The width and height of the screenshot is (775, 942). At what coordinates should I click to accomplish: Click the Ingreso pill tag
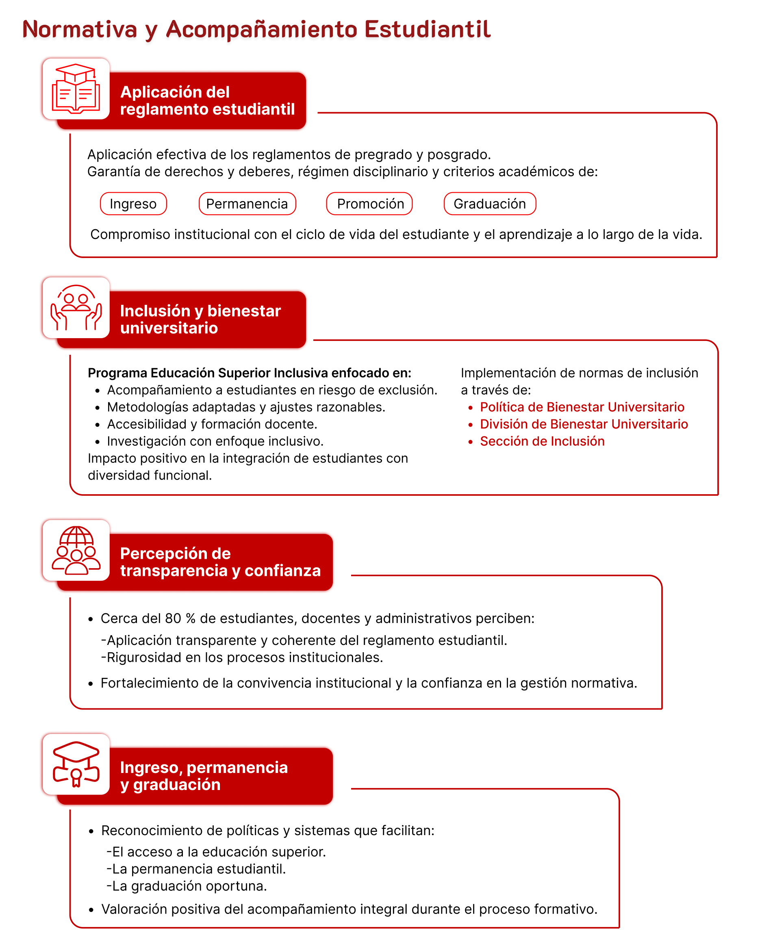[133, 204]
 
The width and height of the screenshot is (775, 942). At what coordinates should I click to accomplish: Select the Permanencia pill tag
[247, 204]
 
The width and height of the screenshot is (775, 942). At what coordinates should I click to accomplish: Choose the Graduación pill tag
[489, 204]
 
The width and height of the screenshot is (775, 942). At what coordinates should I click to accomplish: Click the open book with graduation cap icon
[76, 89]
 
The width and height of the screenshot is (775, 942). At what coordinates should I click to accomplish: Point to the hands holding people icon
[76, 308]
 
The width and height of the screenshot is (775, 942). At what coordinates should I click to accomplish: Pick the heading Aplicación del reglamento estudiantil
[207, 100]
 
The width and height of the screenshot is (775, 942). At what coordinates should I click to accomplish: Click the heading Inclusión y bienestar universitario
[200, 319]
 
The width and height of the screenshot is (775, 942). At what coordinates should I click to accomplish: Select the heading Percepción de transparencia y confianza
[220, 562]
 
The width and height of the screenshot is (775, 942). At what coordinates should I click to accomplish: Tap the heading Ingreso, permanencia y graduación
[204, 775]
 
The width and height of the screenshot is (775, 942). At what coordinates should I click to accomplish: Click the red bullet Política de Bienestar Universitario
[582, 407]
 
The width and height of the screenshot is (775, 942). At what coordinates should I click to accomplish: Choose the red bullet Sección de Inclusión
[542, 441]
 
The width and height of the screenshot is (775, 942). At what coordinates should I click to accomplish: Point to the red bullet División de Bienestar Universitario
[584, 424]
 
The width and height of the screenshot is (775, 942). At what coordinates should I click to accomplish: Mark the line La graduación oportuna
[187, 886]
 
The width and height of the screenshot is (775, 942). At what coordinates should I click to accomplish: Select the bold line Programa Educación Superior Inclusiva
[249, 373]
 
